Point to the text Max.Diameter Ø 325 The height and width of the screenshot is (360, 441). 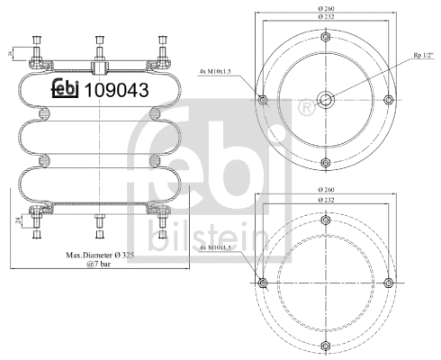click(101, 255)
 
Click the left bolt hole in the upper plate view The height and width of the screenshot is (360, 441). click(262, 100)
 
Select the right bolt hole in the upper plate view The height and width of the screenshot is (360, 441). click(387, 100)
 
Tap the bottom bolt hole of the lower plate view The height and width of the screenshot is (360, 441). click(324, 346)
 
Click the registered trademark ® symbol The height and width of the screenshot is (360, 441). click(307, 109)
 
